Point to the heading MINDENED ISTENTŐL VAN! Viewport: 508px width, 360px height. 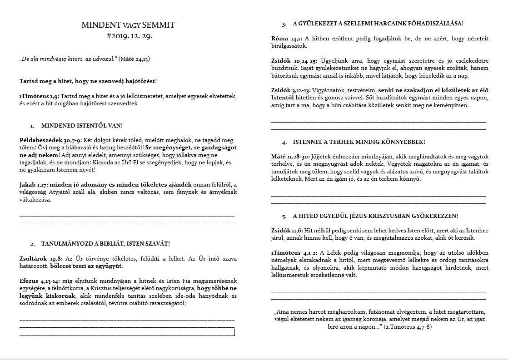coord(82,125)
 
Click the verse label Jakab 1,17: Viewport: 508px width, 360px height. coord(34,184)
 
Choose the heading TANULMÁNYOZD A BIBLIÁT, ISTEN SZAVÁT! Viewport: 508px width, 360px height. coord(105,244)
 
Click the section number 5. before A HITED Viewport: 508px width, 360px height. coord(284,216)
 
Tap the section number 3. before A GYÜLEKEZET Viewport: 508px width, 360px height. coord(284,24)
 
